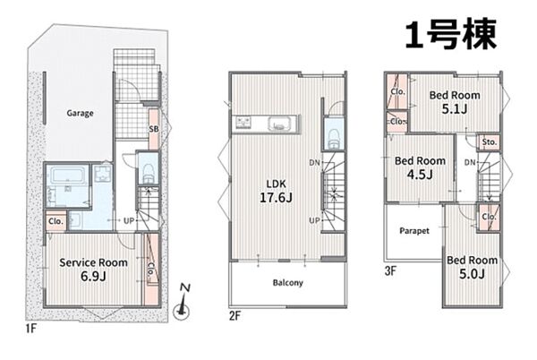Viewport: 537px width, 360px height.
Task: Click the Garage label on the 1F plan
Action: tap(80, 114)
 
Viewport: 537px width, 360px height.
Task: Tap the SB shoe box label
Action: tap(154, 129)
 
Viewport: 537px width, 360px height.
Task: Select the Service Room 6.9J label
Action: tap(93, 270)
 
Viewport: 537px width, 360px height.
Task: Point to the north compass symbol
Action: tap(183, 302)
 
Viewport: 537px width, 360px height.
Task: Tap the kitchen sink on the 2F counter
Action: tap(279, 124)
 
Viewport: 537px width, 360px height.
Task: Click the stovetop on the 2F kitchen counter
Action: tap(243, 123)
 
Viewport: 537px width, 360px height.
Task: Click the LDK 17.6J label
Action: tap(276, 191)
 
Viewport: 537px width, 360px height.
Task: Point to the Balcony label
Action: tap(287, 283)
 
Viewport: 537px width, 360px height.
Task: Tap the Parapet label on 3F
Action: tap(414, 231)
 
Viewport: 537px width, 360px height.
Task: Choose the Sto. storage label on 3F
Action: tap(489, 141)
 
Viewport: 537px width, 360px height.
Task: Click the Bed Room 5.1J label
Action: tap(455, 102)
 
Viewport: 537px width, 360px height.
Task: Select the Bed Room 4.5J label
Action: tap(420, 167)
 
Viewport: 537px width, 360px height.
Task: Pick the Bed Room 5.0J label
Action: tap(472, 267)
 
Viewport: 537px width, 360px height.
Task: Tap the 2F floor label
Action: tap(234, 315)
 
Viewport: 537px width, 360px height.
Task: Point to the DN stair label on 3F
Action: tap(470, 162)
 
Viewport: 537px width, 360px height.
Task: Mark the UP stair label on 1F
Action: tap(129, 221)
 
